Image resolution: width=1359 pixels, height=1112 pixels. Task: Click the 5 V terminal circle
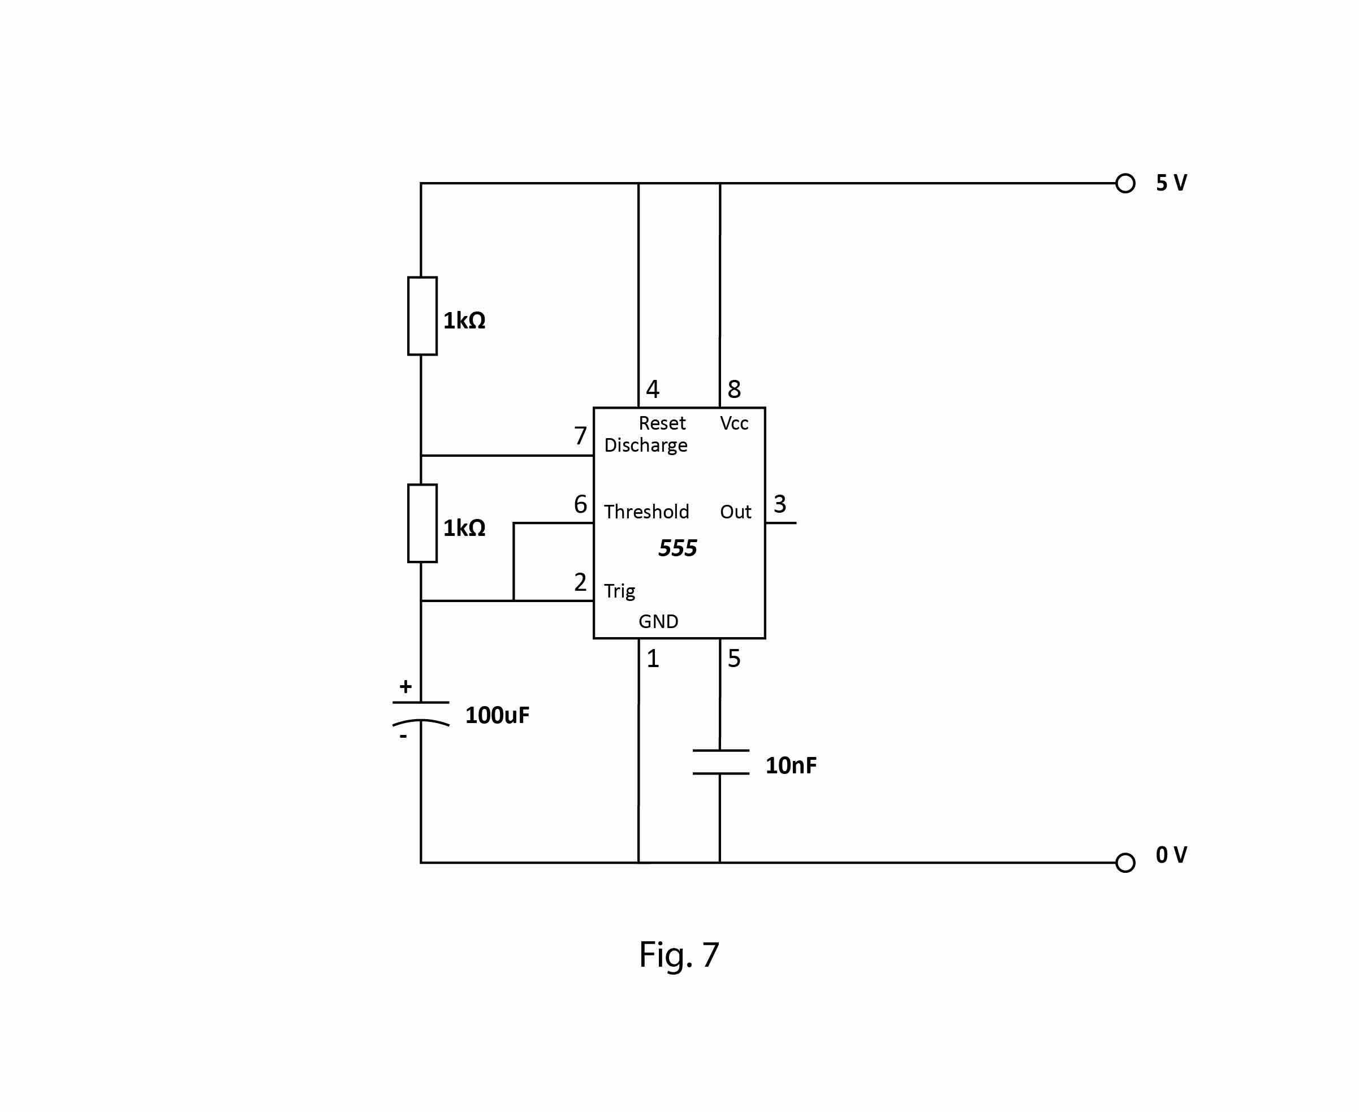click(1125, 183)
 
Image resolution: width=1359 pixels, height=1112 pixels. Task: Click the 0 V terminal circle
click(1125, 863)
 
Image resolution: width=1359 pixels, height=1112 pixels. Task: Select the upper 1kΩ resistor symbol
click(422, 316)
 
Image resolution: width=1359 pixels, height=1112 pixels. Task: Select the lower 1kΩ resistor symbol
click(422, 523)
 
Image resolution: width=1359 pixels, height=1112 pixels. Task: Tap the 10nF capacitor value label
click(791, 765)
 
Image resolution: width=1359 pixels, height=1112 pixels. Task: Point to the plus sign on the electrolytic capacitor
click(405, 687)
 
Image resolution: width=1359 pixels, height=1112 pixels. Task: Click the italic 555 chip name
click(678, 548)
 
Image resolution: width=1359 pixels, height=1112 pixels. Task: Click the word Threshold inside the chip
click(646, 512)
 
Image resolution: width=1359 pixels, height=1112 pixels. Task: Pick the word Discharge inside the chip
click(645, 445)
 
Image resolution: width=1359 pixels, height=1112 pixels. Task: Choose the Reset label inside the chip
click(662, 423)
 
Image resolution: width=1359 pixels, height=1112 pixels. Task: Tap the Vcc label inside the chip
click(734, 423)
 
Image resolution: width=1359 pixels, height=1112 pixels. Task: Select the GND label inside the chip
click(658, 621)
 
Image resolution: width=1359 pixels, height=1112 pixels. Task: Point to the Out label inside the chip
click(735, 512)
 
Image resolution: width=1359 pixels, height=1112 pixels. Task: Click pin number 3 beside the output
click(779, 504)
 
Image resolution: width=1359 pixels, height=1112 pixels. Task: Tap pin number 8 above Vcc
click(734, 390)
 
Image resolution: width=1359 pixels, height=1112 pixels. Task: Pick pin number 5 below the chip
click(734, 659)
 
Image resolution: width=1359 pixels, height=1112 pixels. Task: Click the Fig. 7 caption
click(679, 955)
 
